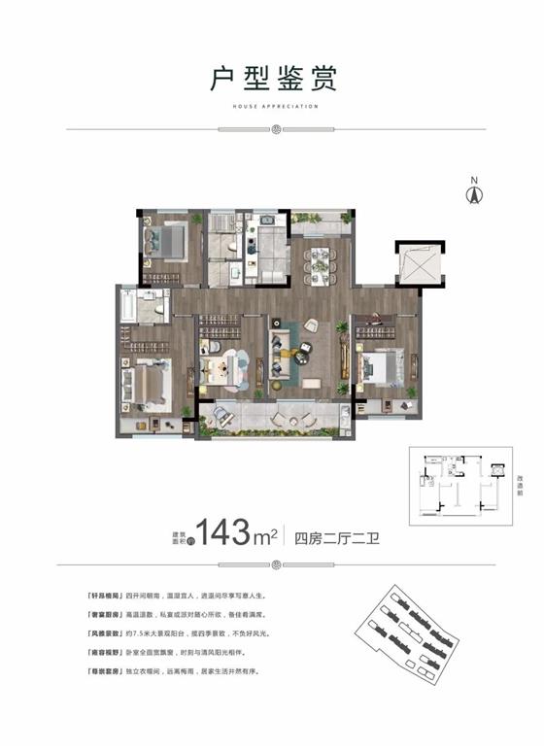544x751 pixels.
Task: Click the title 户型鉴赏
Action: pyautogui.click(x=271, y=78)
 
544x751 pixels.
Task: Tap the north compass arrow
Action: pyautogui.click(x=474, y=191)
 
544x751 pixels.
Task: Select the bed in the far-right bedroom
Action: pyautogui.click(x=381, y=368)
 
